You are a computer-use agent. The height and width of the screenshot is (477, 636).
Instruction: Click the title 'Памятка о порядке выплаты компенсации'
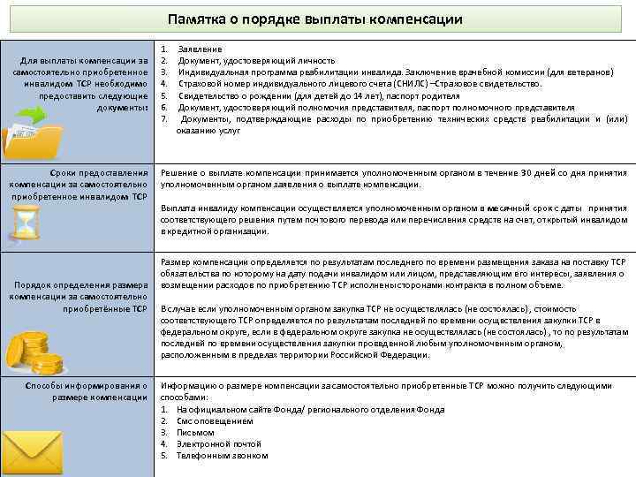pyautogui.click(x=315, y=19)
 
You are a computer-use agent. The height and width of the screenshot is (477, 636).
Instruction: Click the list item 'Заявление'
pyautogui.click(x=200, y=48)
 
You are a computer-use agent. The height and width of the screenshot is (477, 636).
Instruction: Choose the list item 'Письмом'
pyautogui.click(x=196, y=433)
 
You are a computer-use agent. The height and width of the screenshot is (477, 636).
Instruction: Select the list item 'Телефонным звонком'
pyautogui.click(x=222, y=456)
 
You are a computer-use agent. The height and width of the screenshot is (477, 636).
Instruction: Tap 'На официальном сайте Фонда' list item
pyautogui.click(x=238, y=410)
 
